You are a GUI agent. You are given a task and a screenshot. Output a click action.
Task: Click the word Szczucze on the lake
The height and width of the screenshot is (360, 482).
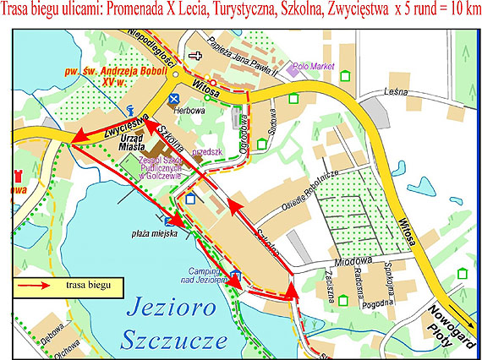point(176,341)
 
